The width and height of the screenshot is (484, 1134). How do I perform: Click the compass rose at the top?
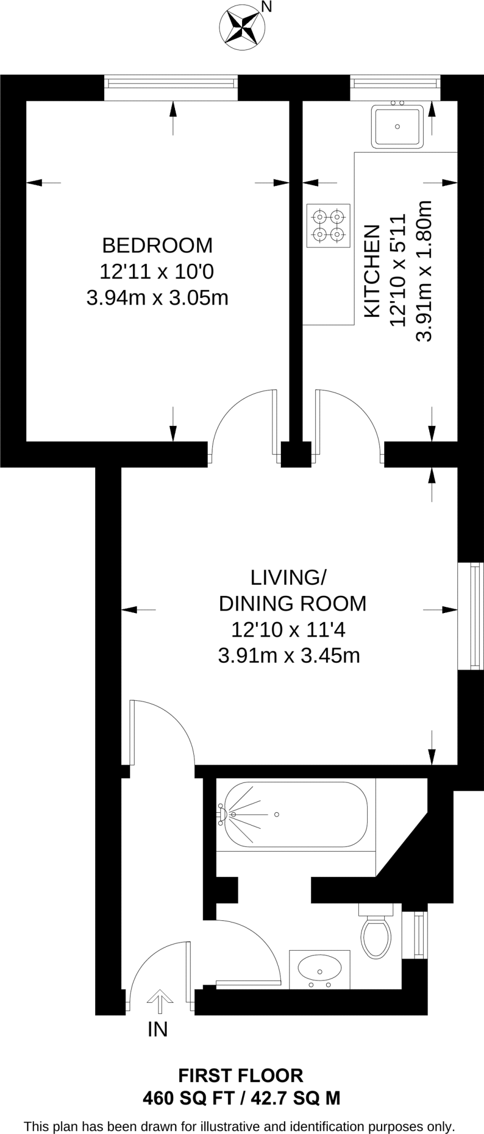241,28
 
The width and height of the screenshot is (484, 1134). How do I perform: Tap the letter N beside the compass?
266,7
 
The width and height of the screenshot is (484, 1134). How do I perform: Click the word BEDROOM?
157,245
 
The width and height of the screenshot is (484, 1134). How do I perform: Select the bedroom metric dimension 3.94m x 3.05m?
157,298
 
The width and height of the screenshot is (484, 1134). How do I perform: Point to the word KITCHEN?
372,271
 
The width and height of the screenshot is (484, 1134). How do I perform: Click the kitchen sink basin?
397,126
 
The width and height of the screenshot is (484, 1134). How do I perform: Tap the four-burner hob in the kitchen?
328,225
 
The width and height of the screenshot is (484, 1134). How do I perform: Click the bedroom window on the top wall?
171,83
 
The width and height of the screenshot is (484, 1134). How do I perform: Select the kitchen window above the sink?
396,83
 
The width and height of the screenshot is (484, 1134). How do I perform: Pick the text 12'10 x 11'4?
289,630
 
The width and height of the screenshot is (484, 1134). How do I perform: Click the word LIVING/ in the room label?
289,578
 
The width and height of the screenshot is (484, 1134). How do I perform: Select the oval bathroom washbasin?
320,967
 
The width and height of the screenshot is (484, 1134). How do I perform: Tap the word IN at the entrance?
158,1029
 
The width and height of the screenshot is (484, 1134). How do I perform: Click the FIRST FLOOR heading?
241,1075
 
